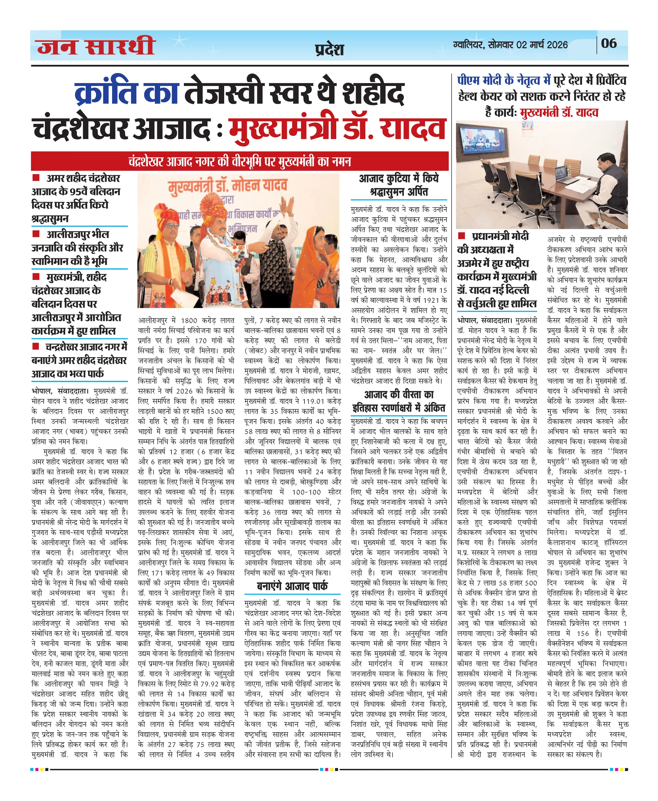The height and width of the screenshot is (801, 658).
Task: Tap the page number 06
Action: (608, 44)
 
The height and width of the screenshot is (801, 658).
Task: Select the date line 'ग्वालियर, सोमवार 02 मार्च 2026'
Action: (510, 45)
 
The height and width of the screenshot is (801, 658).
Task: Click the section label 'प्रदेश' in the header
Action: (329, 50)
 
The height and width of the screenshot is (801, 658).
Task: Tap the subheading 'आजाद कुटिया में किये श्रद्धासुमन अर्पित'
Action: (398, 185)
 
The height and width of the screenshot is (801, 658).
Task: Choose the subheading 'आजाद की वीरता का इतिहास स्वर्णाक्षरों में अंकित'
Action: (398, 401)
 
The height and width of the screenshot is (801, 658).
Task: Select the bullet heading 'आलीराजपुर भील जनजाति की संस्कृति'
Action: (78, 248)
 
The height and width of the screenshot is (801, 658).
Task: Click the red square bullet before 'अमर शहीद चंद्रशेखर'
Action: (36, 178)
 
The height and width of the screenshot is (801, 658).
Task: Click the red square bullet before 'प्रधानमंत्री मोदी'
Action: (462, 236)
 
